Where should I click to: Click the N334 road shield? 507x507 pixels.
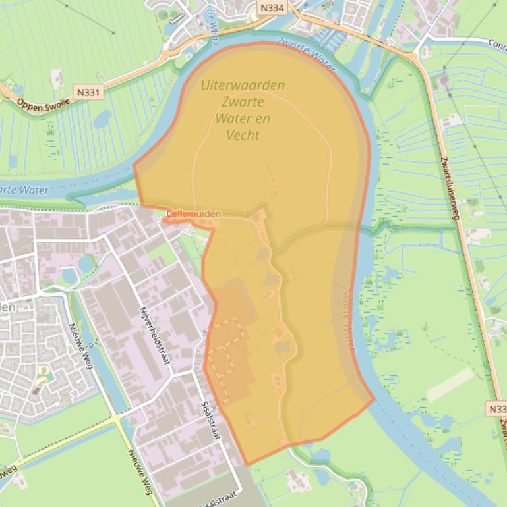tap(272, 9)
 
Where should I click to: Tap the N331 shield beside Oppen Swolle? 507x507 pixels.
tap(88, 93)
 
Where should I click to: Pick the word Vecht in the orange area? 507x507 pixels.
tap(243, 135)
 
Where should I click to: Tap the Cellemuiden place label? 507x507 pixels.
tap(193, 214)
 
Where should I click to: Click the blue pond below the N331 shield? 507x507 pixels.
tap(103, 119)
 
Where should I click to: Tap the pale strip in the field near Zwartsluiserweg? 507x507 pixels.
tap(450, 385)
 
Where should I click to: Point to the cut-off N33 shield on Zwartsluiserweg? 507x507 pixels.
tap(498, 409)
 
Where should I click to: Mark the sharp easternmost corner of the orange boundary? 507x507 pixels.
tap(374, 398)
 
